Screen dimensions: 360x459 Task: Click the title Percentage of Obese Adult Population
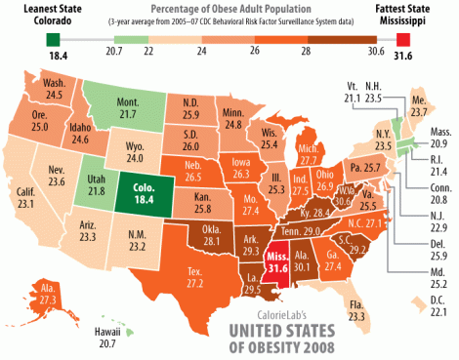click(x=229, y=9)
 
